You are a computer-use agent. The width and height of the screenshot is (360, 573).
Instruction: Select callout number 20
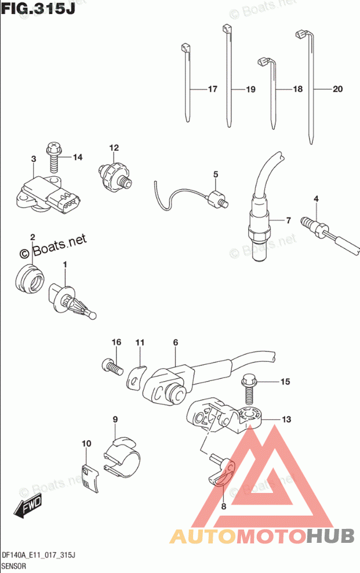[337, 89]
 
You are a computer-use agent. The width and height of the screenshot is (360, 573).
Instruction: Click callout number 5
[216, 174]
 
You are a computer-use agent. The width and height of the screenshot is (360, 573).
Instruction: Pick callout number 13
[286, 419]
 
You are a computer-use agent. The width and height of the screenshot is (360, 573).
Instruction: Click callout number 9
[115, 419]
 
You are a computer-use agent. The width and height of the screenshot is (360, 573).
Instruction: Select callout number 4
[316, 200]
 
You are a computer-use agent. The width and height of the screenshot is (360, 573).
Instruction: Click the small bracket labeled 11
[136, 376]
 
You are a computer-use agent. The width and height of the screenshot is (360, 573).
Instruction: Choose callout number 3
[34, 159]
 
